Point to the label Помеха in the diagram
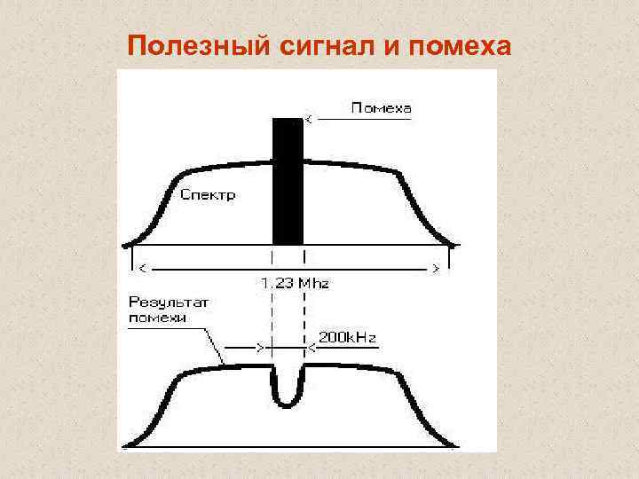(382, 108)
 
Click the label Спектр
(208, 195)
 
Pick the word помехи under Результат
(157, 318)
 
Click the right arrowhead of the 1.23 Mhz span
(436, 267)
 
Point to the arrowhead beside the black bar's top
(308, 117)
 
